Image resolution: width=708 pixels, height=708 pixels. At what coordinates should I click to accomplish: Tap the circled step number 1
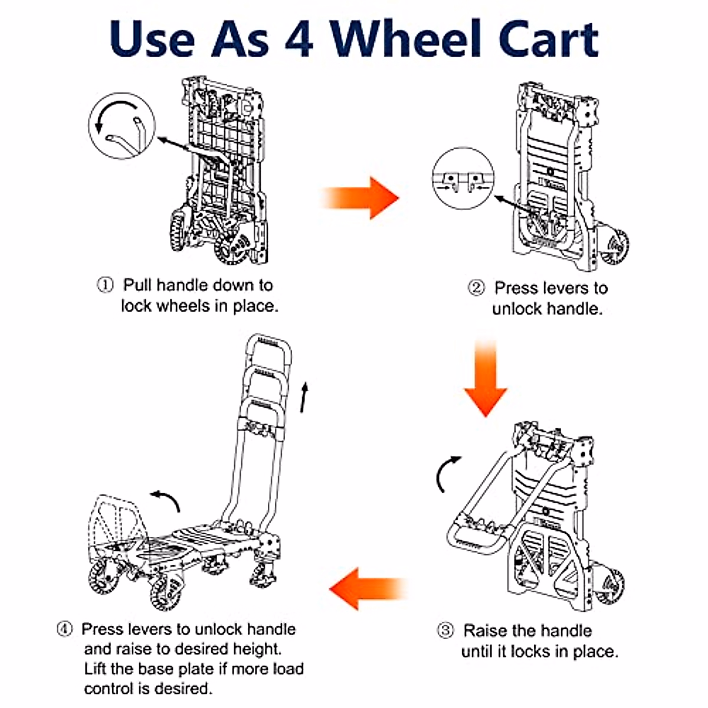(104, 286)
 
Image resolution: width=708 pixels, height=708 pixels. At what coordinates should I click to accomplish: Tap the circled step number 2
(476, 288)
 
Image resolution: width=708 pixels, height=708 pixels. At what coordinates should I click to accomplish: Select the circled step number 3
(445, 631)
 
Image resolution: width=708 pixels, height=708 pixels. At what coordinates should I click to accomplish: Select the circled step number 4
(64, 629)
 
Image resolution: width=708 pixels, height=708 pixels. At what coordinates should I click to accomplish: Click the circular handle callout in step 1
(122, 125)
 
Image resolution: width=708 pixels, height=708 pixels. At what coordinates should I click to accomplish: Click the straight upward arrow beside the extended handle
(304, 397)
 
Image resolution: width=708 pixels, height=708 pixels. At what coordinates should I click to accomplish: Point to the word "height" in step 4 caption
(257, 649)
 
